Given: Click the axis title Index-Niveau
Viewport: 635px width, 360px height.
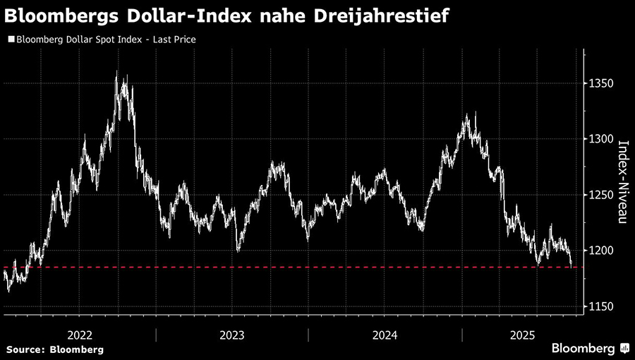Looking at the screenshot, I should coord(624,182).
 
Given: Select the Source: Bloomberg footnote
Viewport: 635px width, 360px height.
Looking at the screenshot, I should coord(55,349).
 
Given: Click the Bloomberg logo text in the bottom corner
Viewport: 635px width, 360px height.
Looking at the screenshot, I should coord(583,349).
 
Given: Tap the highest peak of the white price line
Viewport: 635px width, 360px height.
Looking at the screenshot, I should coord(116,73).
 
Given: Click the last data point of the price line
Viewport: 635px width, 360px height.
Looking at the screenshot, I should coord(571,265).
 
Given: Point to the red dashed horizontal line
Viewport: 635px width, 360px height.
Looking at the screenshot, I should coord(282,268).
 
